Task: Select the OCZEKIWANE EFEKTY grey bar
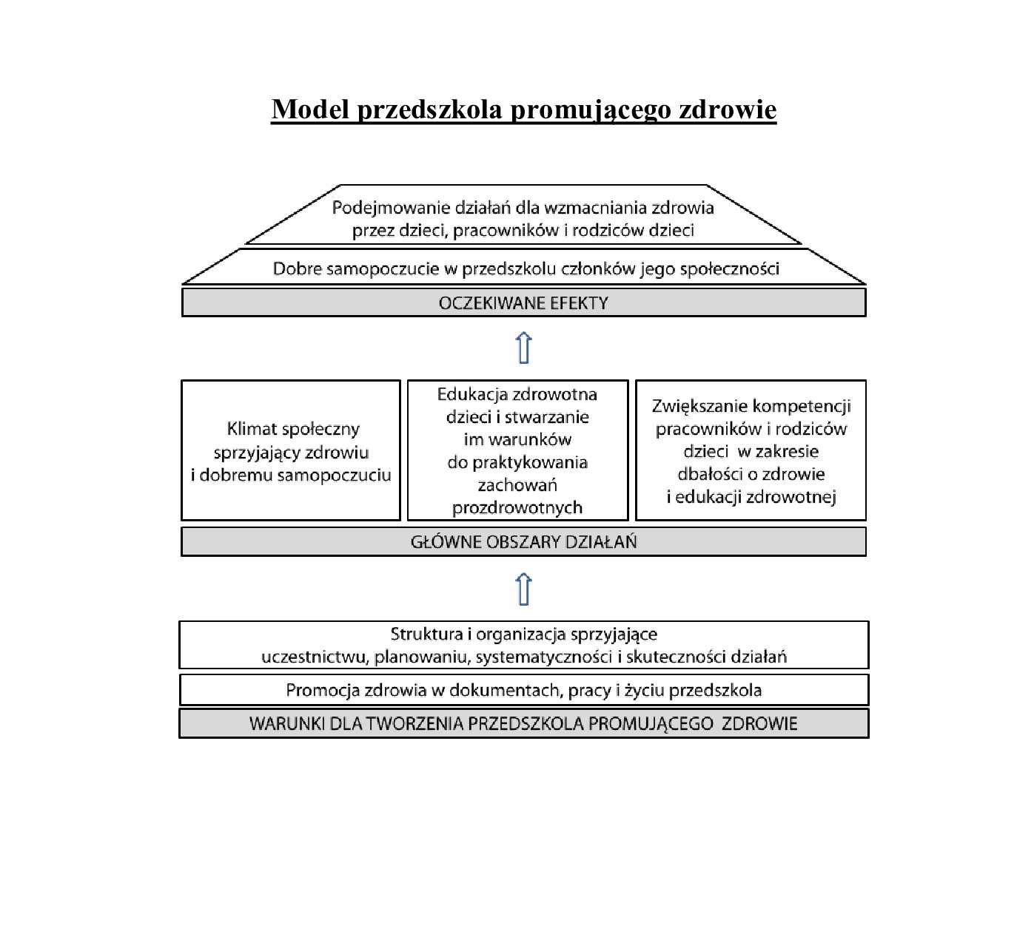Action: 523,302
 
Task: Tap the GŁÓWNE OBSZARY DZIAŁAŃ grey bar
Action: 523,541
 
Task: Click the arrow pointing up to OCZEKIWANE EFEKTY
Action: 523,348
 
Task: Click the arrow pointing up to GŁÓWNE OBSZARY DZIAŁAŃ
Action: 523,589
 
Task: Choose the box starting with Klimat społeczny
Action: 291,450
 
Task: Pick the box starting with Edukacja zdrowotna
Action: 517,450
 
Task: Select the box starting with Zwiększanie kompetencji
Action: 751,450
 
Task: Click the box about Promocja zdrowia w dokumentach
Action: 523,690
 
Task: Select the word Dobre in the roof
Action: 297,268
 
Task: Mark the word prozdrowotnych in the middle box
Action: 517,508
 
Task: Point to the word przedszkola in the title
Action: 429,109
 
